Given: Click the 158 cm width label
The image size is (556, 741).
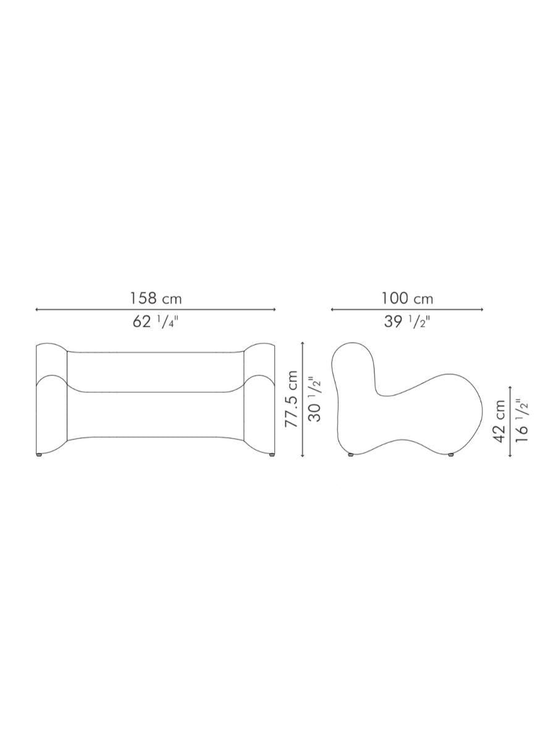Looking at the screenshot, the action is (156, 298).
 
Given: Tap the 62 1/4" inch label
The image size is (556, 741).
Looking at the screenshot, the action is (155, 322).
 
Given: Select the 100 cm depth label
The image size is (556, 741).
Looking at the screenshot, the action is (407, 298).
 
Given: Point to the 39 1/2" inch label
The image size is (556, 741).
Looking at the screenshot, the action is (406, 322).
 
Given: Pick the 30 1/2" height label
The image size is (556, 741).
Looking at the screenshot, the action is (315, 401).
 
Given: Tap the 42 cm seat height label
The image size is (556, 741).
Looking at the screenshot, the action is (499, 421).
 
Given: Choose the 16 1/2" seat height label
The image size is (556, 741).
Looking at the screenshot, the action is (522, 421).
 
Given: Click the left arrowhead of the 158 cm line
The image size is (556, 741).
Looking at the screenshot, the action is (37, 309).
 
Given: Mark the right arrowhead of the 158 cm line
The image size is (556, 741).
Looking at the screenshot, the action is (274, 309).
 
